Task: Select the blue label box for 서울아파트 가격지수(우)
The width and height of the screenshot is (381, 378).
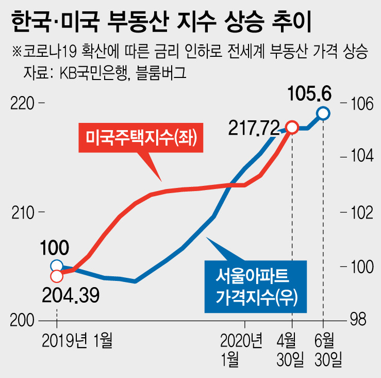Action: [x=255, y=287]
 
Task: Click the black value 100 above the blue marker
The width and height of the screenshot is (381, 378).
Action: [x=56, y=249]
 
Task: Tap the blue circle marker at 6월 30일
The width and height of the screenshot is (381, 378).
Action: [x=323, y=113]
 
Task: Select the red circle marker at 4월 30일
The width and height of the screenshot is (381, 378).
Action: [x=292, y=127]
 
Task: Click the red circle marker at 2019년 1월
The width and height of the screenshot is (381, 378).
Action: [x=57, y=273]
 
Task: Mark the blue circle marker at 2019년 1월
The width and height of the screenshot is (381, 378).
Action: [x=57, y=266]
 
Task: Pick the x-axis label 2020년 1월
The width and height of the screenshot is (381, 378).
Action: [x=242, y=349]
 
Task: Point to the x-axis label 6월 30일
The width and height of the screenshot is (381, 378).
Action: [x=324, y=349]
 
